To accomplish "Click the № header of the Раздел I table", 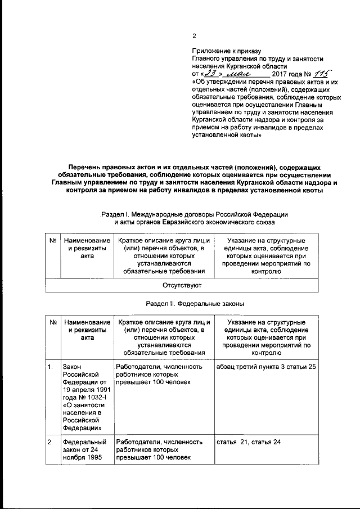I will [52, 241].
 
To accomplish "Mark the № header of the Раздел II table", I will [52, 322].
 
